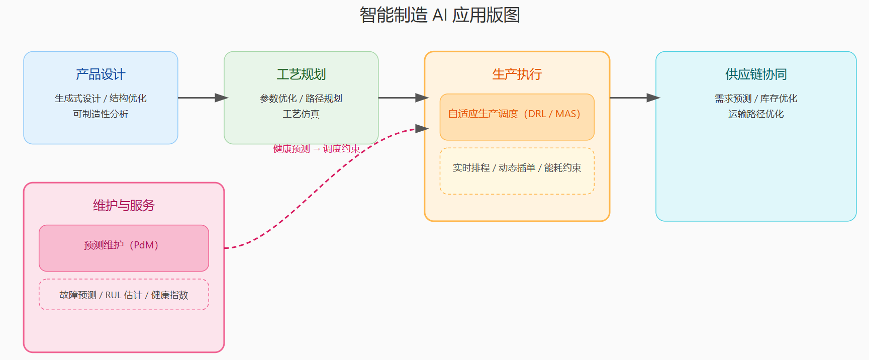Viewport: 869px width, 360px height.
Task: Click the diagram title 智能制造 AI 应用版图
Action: (x=439, y=15)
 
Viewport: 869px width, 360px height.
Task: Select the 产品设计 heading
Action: (x=101, y=74)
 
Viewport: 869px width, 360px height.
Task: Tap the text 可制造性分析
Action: (x=101, y=114)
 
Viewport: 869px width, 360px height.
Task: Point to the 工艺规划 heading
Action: (x=301, y=74)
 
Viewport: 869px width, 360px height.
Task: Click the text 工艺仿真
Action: (x=301, y=114)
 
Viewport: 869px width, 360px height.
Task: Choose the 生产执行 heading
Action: (x=517, y=74)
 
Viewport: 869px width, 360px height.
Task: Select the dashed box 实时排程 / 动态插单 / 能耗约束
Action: (x=517, y=171)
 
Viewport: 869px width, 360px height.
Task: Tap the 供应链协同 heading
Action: (x=755, y=74)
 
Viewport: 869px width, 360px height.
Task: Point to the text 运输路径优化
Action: (x=755, y=114)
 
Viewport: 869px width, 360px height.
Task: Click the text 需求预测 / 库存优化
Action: (x=755, y=99)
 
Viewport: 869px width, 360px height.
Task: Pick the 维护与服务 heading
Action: (x=124, y=205)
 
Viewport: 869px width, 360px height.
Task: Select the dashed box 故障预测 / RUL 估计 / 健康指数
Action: (x=124, y=295)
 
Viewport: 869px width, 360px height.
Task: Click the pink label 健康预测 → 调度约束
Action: (x=316, y=149)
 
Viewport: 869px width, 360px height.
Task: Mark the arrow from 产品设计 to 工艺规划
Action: (x=201, y=98)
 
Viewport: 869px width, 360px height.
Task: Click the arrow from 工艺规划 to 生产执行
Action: (x=401, y=98)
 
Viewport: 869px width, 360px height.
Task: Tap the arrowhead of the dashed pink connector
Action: (x=422, y=129)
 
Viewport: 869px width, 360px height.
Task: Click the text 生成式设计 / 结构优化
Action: (x=101, y=99)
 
